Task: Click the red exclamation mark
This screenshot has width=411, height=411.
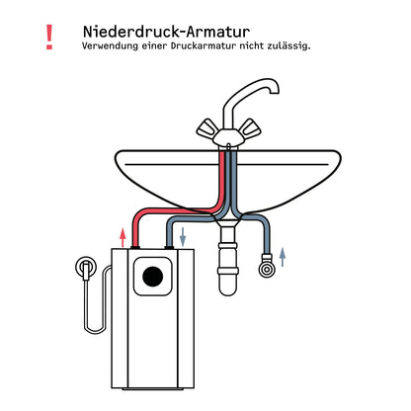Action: point(49,38)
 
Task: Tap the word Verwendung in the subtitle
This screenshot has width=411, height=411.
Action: point(110,45)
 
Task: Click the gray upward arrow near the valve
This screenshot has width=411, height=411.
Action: point(284,259)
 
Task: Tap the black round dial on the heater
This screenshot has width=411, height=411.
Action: point(155,276)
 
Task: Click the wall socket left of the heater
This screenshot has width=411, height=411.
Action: point(87,268)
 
